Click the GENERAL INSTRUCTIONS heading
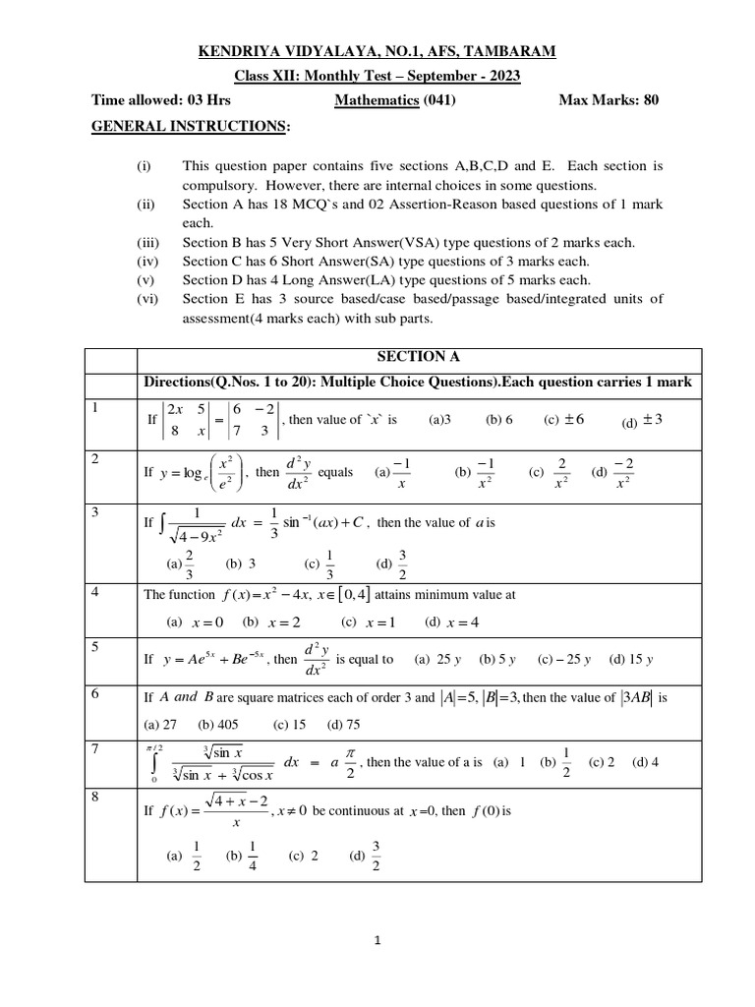[191, 126]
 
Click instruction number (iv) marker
[147, 261]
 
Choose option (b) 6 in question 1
[499, 419]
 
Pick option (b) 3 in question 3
[241, 563]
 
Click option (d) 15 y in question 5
[631, 659]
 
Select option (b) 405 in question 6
[219, 725]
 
